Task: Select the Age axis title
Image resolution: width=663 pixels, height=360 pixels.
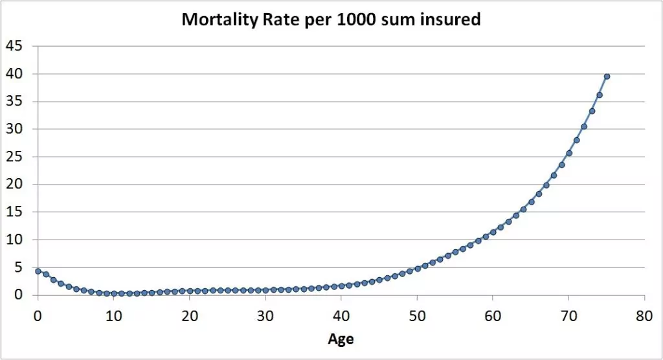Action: click(341, 338)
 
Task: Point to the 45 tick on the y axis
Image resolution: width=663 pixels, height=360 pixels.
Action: click(14, 46)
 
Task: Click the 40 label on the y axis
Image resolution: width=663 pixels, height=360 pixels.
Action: click(14, 74)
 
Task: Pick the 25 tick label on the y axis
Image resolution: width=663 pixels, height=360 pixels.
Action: click(14, 157)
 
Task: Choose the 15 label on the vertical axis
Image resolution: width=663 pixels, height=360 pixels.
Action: click(14, 212)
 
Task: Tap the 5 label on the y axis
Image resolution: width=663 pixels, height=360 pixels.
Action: click(18, 267)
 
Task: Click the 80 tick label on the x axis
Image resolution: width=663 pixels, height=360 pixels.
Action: click(644, 317)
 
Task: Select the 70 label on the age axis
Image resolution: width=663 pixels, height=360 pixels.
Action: click(568, 317)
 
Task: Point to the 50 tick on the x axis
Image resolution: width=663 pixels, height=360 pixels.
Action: click(417, 317)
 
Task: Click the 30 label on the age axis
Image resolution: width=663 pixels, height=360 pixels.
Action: click(265, 317)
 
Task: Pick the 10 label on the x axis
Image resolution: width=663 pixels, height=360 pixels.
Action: click(114, 317)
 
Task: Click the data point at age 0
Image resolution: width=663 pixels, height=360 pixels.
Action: click(38, 271)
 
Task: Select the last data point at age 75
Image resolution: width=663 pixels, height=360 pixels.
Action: click(607, 76)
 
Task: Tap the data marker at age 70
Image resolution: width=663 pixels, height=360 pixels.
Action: click(569, 153)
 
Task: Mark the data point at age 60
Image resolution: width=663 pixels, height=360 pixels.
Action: click(493, 232)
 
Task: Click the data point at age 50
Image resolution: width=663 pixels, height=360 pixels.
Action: click(418, 268)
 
